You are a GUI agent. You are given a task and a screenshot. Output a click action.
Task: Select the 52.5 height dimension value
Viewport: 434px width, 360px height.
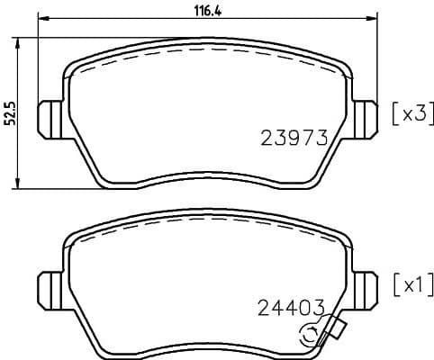click(x=9, y=113)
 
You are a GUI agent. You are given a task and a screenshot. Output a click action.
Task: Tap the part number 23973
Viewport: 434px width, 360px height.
click(x=293, y=138)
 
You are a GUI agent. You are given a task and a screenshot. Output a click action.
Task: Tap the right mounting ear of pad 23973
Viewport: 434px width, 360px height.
click(x=364, y=118)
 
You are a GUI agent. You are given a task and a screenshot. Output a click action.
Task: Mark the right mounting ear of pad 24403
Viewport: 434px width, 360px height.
click(x=364, y=289)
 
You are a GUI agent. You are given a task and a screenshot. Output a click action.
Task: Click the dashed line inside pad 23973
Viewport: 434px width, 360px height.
click(x=207, y=50)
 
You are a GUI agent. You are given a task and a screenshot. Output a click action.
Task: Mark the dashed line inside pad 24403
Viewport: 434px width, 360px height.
click(x=207, y=221)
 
